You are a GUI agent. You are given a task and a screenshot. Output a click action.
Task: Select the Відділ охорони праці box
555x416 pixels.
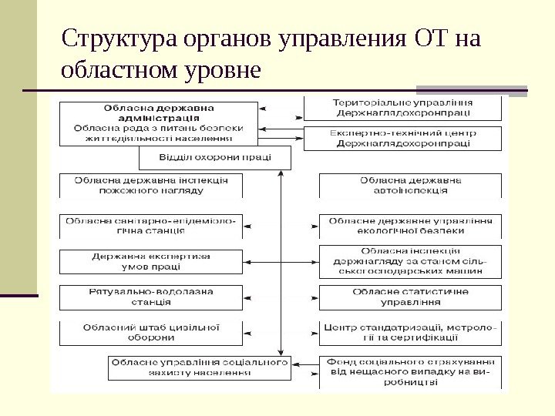point(215,157)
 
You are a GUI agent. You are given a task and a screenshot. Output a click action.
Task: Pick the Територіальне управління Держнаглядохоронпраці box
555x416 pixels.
point(403,108)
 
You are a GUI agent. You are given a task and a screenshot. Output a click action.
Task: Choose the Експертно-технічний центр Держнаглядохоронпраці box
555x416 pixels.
point(403,138)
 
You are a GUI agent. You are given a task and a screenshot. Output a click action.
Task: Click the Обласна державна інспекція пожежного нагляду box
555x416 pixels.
point(150,185)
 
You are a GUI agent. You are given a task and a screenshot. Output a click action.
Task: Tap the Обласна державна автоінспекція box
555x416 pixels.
point(411,185)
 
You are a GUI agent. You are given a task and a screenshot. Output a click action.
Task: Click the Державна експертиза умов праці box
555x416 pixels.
point(150,262)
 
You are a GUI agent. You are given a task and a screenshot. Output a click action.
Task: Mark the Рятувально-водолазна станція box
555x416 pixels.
point(150,297)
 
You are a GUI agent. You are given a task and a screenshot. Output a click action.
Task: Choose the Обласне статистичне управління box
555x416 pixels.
point(411,297)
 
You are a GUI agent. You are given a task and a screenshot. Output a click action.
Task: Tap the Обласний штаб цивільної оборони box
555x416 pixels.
point(150,332)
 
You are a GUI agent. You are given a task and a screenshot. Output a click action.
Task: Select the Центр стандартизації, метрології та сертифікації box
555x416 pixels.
point(411,332)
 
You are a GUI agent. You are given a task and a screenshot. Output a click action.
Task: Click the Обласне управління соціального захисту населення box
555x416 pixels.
point(199,367)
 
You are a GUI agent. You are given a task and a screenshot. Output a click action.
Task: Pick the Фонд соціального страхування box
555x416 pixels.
point(411,371)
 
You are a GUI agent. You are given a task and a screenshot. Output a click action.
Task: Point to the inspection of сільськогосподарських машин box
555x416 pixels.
point(411,261)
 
